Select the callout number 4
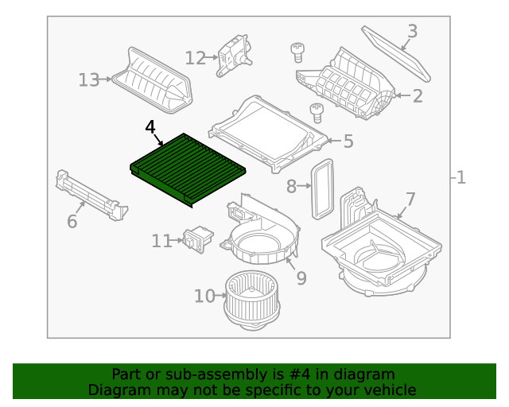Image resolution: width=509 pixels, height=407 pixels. point(151,127)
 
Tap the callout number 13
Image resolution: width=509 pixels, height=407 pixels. point(88,79)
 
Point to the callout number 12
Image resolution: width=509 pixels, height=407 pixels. point(195,57)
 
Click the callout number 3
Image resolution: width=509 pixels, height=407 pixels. point(412,32)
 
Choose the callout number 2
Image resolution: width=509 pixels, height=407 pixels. point(418,97)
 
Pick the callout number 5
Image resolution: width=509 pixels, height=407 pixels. point(348,141)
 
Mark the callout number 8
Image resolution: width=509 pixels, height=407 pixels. point(291,186)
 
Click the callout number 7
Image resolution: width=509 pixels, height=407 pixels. point(410,198)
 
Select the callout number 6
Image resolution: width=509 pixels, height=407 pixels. point(72,221)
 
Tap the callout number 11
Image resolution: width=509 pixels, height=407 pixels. point(161,240)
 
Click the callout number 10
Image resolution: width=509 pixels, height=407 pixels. point(204,296)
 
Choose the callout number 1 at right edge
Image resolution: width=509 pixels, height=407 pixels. point(460,177)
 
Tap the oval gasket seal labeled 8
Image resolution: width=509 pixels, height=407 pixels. point(321,188)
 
